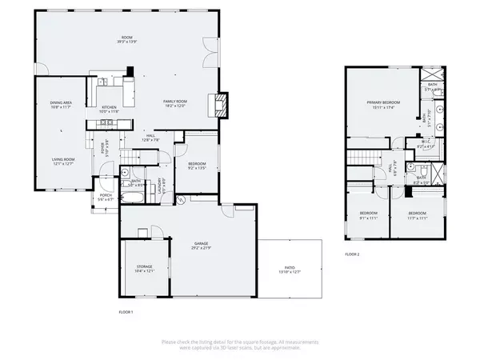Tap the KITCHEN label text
point(108,108)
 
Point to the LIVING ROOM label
point(63,160)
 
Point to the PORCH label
point(105,195)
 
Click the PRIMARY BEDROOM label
point(383,103)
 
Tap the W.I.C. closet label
point(426,145)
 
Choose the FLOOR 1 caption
point(125,310)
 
